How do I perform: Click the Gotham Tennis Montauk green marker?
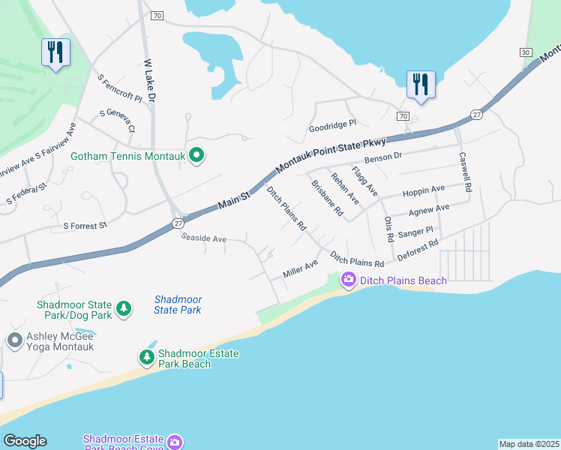coord(196,156)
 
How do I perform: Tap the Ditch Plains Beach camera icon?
coord(348,280)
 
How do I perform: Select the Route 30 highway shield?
coord(526,52)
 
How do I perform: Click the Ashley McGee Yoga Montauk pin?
coord(14,340)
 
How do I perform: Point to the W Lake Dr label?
coord(149,80)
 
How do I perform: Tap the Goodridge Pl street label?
coord(332,128)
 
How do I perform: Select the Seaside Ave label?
coord(203,238)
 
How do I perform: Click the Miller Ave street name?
coord(300,268)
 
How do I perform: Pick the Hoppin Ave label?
coord(424,190)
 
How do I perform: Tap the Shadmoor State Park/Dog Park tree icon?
coord(123,307)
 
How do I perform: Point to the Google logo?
coord(25,441)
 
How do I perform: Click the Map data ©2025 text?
coord(529,444)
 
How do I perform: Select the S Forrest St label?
coord(85,225)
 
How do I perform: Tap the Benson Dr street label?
coord(383,159)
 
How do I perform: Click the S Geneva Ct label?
coord(118,119)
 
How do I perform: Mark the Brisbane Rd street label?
coord(327,199)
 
